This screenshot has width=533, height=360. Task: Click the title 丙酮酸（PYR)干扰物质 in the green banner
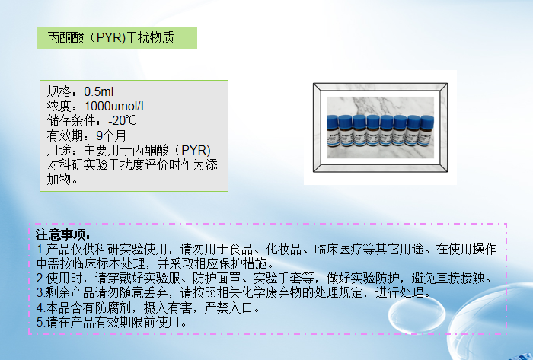(x=111, y=37)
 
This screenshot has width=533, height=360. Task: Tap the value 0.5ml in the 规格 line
(x=99, y=92)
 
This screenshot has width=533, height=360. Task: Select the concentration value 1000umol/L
(x=116, y=106)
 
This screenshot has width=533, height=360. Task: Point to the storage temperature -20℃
(x=123, y=120)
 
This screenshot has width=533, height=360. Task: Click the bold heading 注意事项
(x=64, y=234)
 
